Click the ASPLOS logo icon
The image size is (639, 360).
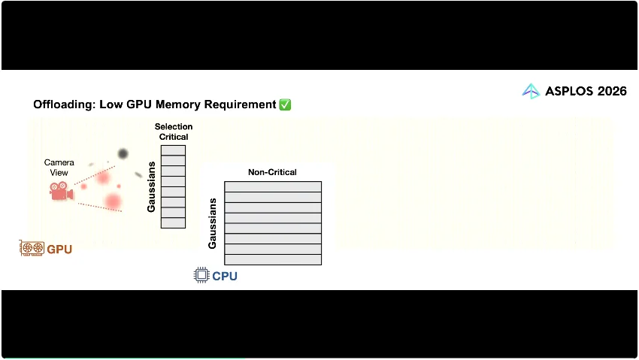click(x=531, y=92)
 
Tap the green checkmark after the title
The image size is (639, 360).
click(x=285, y=104)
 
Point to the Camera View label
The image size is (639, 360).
click(x=59, y=168)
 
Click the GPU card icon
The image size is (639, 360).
click(x=32, y=248)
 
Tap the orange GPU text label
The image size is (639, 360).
click(x=59, y=249)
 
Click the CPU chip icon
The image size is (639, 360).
click(x=201, y=275)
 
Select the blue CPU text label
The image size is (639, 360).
click(x=225, y=276)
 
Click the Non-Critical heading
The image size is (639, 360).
click(x=272, y=172)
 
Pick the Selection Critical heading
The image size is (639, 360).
click(x=174, y=132)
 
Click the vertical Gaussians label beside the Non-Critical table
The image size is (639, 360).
click(x=213, y=223)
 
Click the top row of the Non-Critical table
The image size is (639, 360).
click(x=273, y=186)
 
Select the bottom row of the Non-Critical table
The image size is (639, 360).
click(x=273, y=259)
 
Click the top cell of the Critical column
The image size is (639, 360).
click(x=173, y=150)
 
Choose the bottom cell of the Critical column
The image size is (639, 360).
click(x=173, y=222)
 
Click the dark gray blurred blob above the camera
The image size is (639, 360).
click(x=123, y=154)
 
